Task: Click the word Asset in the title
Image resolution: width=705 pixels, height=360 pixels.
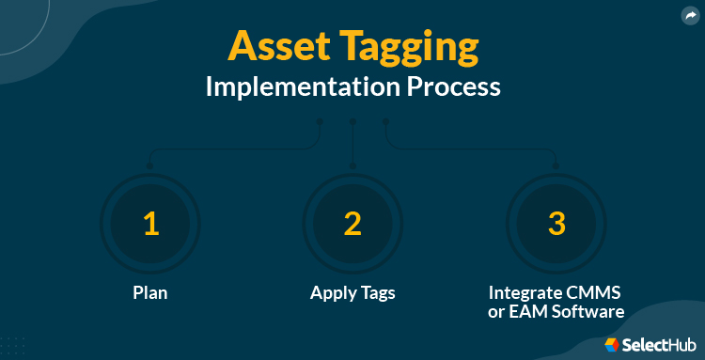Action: coord(275,47)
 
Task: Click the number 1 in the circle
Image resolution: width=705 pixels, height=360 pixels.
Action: coord(150,223)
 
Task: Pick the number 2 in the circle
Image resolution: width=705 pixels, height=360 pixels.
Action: coord(352,223)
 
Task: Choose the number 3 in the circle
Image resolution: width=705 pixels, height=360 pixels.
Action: coord(556,223)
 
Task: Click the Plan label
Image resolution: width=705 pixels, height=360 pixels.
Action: coord(150,292)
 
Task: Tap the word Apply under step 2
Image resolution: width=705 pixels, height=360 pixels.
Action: coord(332,292)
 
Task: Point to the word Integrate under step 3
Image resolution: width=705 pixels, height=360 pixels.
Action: coord(526,292)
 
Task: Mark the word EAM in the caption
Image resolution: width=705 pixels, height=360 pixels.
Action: coord(530,312)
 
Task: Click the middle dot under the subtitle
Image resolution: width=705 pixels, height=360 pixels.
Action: coord(352,121)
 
